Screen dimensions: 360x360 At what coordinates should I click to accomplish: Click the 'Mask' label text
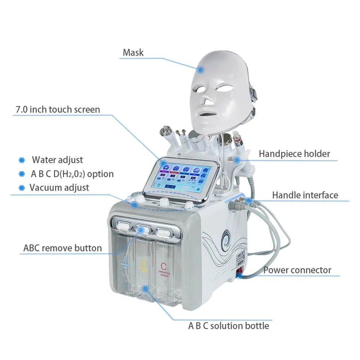pos(133,52)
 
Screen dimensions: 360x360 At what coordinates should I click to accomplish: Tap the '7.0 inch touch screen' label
pos(58,109)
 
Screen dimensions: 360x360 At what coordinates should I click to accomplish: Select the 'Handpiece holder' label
pos(294,153)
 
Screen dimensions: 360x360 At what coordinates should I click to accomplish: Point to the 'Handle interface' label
pos(305,195)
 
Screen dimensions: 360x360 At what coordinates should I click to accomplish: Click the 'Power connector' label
pos(297,270)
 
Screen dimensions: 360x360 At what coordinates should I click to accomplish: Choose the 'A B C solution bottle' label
pos(228,325)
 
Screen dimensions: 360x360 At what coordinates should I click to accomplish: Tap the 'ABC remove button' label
pos(62,248)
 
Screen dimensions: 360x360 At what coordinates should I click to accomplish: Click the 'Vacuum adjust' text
pos(59,187)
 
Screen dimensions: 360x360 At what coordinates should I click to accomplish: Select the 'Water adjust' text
pos(57,160)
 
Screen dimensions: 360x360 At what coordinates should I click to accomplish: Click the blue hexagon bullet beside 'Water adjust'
pos(22,160)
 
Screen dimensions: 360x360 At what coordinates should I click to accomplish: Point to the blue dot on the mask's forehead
pos(201,69)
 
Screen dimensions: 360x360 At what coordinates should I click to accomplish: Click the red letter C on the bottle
pos(163,267)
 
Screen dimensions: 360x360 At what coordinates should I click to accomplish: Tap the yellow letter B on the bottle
pos(142,265)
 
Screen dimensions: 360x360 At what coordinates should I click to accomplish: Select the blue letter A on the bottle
pos(124,261)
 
